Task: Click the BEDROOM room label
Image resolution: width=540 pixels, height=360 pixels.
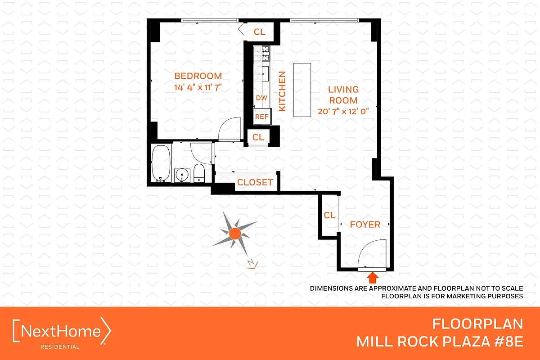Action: coord(198,76)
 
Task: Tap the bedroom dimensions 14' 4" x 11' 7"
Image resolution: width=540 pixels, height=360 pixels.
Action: coord(198,87)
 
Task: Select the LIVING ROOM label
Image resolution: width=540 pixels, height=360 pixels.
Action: coord(343,95)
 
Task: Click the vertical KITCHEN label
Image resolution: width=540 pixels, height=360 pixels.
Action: coord(283,91)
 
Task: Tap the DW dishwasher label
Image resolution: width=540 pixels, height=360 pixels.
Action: coord(261,98)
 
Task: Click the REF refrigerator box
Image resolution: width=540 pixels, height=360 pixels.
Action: coord(262,116)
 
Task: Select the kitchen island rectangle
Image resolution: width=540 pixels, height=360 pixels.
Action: coord(302,90)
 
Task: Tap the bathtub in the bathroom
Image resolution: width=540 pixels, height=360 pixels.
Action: coord(160,162)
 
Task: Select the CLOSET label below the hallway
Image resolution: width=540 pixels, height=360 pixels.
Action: coord(255,182)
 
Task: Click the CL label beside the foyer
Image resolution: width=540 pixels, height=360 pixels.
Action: coord(329,216)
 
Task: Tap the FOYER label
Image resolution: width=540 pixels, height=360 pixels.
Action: coord(365,224)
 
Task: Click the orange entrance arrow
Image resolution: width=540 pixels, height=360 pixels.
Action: coord(373,277)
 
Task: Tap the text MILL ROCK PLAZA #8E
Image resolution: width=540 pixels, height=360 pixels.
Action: coord(440,342)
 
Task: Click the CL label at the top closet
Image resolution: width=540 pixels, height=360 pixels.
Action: coord(260,32)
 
